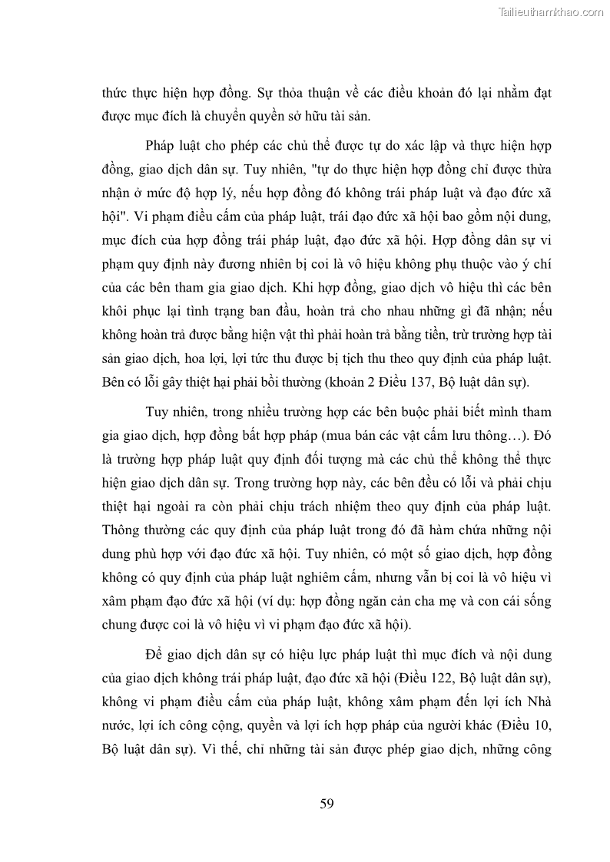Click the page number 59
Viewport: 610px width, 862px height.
(326, 804)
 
